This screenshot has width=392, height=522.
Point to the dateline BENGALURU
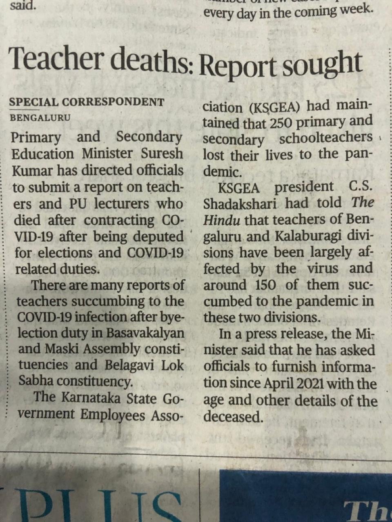point(40,118)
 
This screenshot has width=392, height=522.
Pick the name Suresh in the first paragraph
point(162,154)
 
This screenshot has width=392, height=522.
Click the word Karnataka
point(88,397)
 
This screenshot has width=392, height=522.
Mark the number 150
point(265,285)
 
